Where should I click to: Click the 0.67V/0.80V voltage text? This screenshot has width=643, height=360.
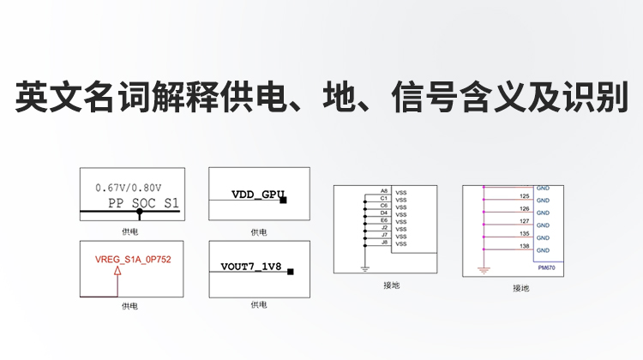click(x=129, y=186)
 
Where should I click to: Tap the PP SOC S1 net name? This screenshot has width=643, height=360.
click(x=144, y=203)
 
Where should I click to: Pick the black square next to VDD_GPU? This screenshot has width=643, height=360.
click(x=282, y=199)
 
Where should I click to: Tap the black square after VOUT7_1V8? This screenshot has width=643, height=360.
click(x=291, y=272)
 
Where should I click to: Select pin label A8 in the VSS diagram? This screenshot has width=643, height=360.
click(x=384, y=191)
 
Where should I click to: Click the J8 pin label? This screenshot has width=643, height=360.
click(x=384, y=243)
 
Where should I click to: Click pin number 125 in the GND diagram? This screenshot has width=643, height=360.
click(x=524, y=195)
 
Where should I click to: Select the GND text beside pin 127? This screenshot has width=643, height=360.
click(x=543, y=225)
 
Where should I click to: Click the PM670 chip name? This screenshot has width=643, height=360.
click(x=547, y=267)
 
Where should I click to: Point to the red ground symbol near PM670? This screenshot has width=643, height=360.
click(x=484, y=270)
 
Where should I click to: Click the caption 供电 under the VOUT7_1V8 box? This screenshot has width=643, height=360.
click(x=258, y=304)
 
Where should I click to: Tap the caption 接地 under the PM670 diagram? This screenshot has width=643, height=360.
click(x=520, y=289)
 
